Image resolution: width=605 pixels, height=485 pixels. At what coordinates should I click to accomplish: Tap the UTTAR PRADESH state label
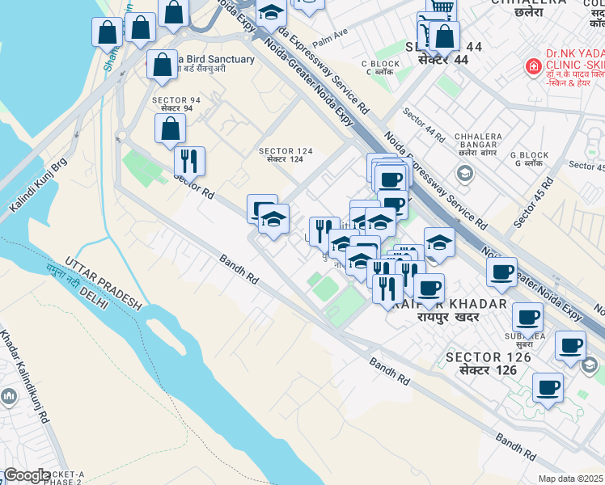(104, 285)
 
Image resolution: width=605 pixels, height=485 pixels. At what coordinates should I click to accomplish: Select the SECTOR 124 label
(281, 154)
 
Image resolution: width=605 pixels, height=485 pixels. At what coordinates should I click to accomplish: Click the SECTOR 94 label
(171, 103)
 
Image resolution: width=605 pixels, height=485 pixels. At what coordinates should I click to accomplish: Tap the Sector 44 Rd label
(424, 124)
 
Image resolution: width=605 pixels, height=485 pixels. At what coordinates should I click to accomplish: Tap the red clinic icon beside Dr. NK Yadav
(533, 66)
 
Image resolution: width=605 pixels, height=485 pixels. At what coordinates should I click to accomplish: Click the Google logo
(26, 475)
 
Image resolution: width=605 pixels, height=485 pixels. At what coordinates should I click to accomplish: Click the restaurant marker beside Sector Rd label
(189, 159)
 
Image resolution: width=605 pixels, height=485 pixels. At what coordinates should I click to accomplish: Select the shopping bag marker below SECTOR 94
(170, 128)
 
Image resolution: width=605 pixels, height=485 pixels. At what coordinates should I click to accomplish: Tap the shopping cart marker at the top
(441, 8)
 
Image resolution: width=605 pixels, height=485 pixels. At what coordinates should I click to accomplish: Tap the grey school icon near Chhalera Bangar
(464, 172)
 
